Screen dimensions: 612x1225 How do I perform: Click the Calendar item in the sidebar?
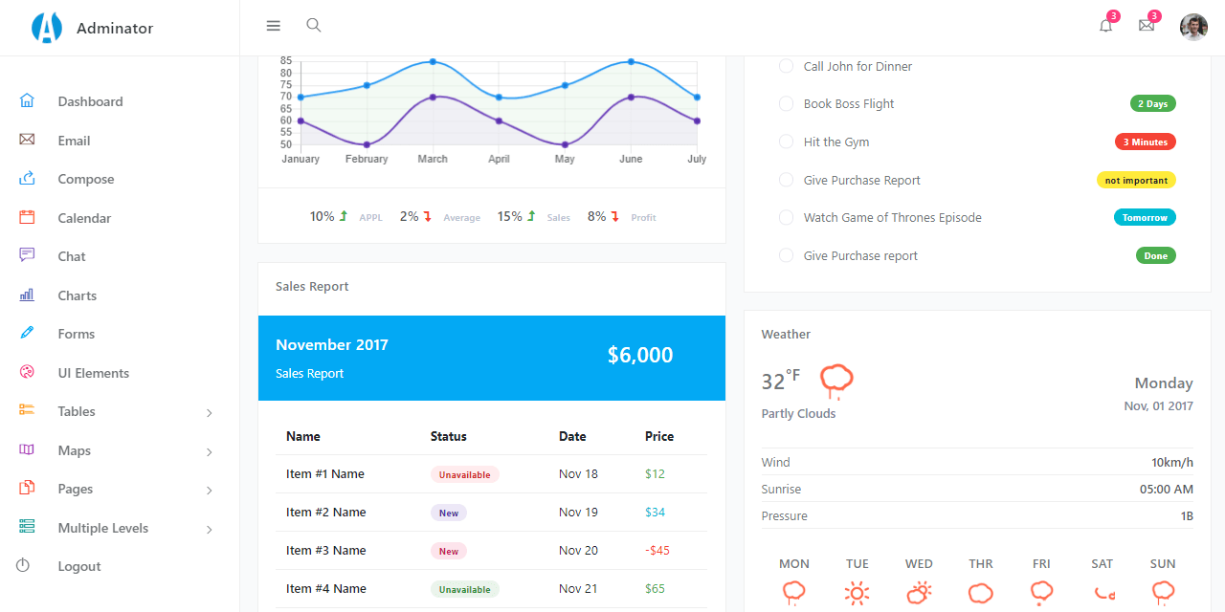click(84, 218)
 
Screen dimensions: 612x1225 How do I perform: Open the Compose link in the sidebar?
click(85, 179)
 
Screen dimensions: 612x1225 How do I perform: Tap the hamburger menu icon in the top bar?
click(274, 26)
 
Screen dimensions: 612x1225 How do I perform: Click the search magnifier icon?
click(313, 26)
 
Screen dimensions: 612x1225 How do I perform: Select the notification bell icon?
click(1105, 26)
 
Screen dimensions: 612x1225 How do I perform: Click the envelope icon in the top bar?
click(1146, 26)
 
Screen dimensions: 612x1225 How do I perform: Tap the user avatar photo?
click(1193, 27)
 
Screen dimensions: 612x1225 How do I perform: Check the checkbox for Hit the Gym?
click(786, 142)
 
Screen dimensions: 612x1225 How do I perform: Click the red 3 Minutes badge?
click(1145, 142)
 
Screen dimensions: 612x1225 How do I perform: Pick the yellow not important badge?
click(1136, 180)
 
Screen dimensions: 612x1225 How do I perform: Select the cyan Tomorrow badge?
click(1145, 217)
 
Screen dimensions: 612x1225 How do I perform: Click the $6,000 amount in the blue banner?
click(640, 356)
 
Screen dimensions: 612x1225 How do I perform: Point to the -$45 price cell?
click(657, 550)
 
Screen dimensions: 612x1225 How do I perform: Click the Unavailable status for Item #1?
click(464, 474)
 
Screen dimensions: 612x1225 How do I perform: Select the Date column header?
click(572, 436)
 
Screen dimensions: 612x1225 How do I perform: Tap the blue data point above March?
click(433, 62)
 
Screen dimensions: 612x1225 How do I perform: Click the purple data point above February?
click(367, 144)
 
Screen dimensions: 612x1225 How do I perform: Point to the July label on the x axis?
click(697, 159)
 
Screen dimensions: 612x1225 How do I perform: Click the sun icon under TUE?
click(857, 593)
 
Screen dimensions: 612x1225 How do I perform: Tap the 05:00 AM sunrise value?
click(1166, 489)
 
